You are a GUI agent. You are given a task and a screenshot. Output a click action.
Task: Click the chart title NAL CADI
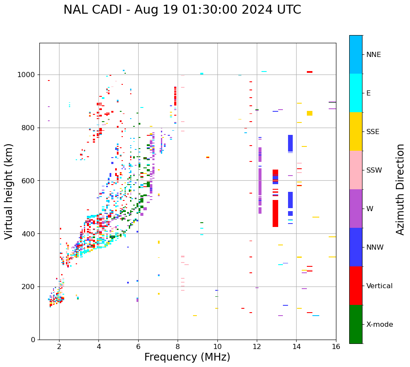click(x=182, y=10)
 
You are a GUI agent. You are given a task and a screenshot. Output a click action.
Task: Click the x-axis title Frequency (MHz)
click(x=187, y=357)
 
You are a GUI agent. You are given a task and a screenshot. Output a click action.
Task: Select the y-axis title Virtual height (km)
click(x=9, y=191)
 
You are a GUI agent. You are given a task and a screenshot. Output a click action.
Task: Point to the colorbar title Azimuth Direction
click(x=400, y=189)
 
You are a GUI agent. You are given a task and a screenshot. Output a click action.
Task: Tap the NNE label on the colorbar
click(x=373, y=55)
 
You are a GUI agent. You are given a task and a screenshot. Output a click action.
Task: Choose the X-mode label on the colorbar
click(x=379, y=325)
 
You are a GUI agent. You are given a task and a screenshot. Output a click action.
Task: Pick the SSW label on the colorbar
click(x=374, y=170)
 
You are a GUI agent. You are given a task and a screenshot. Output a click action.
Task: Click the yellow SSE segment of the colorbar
click(x=356, y=131)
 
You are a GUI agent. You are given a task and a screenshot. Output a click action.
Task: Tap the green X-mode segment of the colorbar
click(x=356, y=324)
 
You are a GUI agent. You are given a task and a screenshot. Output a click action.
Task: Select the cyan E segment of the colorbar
click(x=356, y=93)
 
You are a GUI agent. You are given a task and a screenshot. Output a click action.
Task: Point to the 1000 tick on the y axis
click(x=28, y=75)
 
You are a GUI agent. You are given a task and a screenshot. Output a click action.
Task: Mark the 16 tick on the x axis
click(x=336, y=346)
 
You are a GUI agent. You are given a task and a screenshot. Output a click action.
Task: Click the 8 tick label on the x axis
click(x=178, y=346)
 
